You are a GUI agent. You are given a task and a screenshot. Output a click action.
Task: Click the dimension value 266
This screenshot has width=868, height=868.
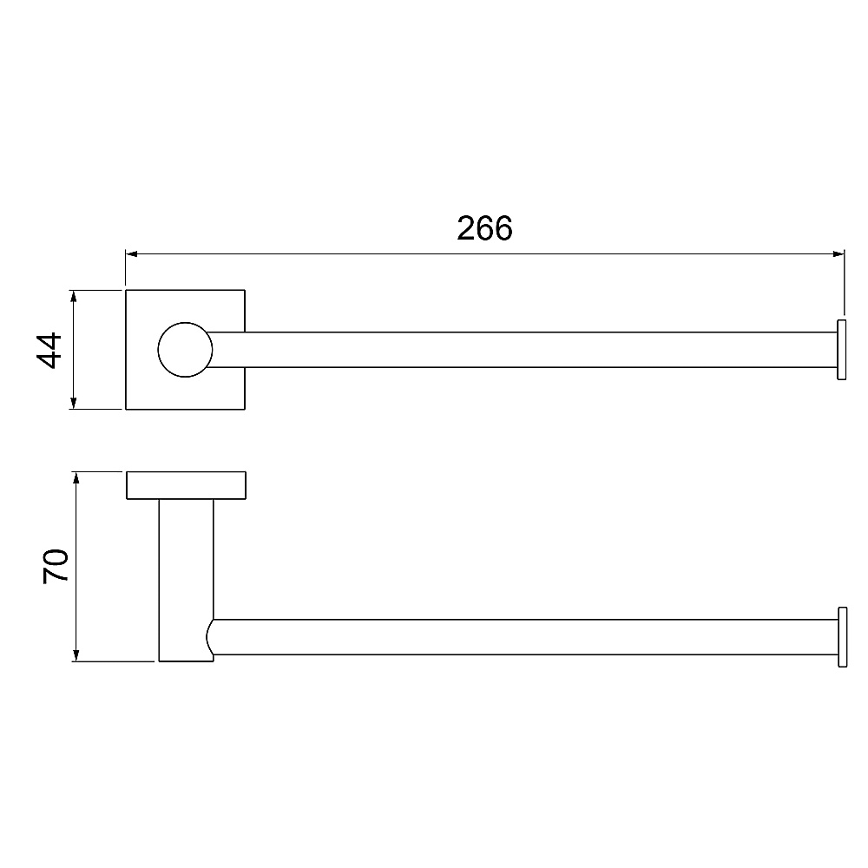(x=484, y=228)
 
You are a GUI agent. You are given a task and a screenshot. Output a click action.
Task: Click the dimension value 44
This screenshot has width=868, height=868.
(x=49, y=350)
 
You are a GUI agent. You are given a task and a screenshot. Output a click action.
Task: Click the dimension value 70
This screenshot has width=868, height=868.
(x=56, y=566)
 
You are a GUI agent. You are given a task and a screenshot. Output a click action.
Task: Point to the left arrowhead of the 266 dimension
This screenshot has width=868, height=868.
(x=132, y=254)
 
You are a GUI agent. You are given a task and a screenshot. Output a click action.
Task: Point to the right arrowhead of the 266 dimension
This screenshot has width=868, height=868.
(x=838, y=254)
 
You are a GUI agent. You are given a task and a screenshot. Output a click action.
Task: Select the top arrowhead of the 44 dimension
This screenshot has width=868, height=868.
(x=73, y=296)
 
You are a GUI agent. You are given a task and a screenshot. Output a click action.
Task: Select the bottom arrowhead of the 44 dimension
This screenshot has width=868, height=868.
(x=73, y=403)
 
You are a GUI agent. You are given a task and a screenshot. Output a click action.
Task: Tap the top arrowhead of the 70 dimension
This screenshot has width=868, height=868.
(x=76, y=478)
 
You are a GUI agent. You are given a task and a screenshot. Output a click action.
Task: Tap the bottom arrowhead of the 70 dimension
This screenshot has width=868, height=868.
(x=76, y=654)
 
